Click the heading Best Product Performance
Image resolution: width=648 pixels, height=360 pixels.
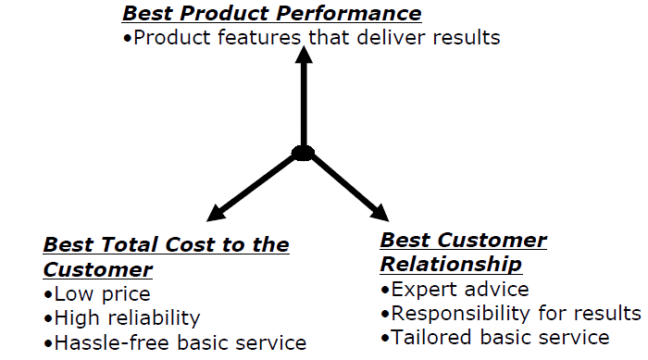pos(272,14)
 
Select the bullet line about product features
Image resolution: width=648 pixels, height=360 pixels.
pos(311,38)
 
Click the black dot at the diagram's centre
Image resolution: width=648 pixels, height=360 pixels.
pos(303,152)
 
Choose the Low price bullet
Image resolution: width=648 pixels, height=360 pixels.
pos(96,294)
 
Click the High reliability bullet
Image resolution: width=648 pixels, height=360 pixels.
pos(121,318)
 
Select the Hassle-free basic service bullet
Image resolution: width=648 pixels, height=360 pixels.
pos(174,342)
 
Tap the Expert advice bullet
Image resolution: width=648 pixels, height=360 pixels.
pos(455,290)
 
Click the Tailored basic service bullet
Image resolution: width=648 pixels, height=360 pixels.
pos(495,337)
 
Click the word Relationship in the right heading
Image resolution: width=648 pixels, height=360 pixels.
pos(451,265)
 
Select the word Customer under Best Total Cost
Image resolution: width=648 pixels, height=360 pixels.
pos(97,270)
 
